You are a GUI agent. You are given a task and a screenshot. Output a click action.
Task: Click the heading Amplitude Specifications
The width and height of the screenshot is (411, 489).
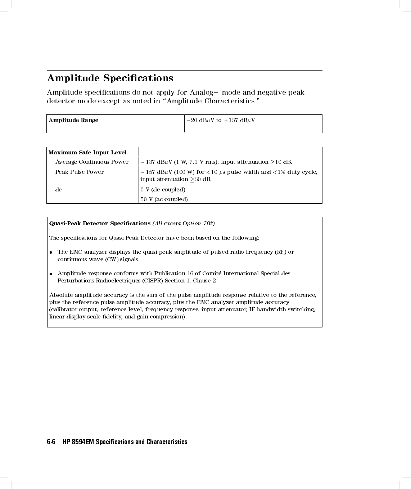(x=110, y=78)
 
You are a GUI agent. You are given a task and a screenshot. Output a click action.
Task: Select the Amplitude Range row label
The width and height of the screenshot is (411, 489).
(x=73, y=120)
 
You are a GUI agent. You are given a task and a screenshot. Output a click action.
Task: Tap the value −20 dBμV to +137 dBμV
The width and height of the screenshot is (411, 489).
(x=221, y=120)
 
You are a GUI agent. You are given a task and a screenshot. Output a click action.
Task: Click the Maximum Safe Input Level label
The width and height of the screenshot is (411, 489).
(x=87, y=153)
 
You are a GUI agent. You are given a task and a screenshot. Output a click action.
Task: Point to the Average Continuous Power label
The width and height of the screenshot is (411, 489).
(x=92, y=162)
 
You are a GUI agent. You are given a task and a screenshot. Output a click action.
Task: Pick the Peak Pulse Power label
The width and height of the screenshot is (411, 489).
(x=80, y=172)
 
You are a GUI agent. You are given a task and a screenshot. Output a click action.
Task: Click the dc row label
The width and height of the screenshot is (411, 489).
(x=58, y=190)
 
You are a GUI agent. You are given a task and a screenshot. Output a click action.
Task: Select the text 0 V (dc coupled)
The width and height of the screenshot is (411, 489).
(x=163, y=190)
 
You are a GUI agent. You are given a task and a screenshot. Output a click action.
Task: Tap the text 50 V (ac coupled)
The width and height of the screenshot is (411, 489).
(x=164, y=199)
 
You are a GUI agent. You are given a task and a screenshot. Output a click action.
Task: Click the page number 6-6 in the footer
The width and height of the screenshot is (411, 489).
(x=51, y=442)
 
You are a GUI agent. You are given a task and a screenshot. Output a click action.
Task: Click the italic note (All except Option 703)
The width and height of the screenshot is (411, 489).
(x=184, y=223)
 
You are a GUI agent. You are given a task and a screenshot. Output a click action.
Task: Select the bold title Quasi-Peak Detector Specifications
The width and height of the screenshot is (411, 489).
(x=100, y=223)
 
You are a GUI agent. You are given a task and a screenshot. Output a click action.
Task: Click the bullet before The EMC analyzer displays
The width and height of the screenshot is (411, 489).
(x=52, y=252)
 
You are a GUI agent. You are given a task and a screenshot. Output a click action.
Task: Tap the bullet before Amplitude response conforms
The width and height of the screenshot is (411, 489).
(x=52, y=274)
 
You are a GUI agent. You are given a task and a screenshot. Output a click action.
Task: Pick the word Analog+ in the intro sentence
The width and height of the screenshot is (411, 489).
(x=204, y=92)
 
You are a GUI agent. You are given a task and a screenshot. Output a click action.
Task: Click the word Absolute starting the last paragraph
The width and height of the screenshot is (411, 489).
(x=61, y=295)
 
